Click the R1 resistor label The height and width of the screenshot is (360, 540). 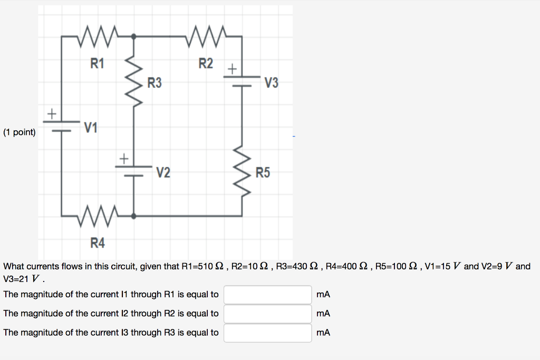(98, 64)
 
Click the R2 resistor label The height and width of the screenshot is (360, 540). (206, 64)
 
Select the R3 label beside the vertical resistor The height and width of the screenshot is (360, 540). (155, 83)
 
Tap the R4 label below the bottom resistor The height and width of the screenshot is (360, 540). (98, 243)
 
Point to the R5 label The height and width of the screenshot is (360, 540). (263, 172)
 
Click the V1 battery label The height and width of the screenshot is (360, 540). (90, 127)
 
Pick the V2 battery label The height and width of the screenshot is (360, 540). (163, 172)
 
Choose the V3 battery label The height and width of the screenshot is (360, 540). (272, 83)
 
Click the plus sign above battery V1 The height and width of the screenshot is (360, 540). (52, 113)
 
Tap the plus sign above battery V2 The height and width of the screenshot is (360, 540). (123, 158)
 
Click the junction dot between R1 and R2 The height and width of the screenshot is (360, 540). (133, 36)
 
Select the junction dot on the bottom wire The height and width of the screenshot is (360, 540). (133, 216)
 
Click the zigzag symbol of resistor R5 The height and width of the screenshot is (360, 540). (242, 171)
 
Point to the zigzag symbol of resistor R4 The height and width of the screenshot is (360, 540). (97, 216)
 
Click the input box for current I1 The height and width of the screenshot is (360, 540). (267, 295)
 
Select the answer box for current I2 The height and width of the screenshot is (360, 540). (267, 314)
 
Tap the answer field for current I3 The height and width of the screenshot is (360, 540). (267, 333)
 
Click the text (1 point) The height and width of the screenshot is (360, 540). (20, 132)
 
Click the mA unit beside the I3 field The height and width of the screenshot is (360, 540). (323, 333)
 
